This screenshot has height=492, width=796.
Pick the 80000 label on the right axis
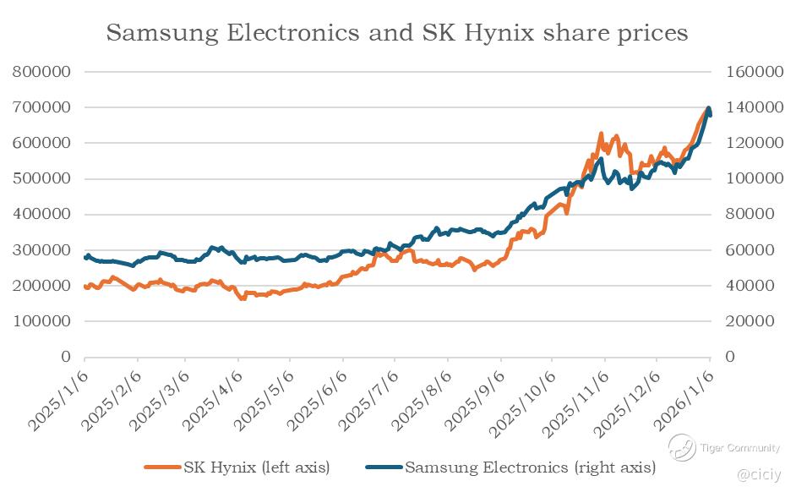pyautogui.click(x=744, y=215)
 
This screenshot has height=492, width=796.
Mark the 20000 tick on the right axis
pyautogui.click(x=744, y=321)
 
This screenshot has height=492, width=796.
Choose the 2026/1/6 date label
pyautogui.click(x=685, y=400)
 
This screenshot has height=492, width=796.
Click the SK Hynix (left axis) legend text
pyautogui.click(x=256, y=467)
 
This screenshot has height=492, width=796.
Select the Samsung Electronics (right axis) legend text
pyautogui.click(x=530, y=467)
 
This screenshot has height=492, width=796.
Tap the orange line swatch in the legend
pyautogui.click(x=162, y=467)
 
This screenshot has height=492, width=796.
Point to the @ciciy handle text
pyautogui.click(x=760, y=475)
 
